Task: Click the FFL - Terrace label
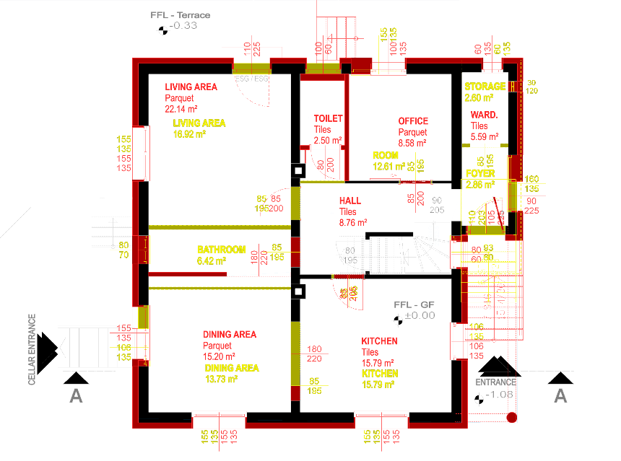pos(180,15)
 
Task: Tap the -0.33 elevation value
pos(183,26)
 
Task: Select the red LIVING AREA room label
pos(191,87)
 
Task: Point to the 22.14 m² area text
pos(181,109)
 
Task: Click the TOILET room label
pos(328,118)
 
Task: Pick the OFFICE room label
pos(413,121)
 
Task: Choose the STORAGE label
pos(485,87)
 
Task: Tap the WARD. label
pos(484,115)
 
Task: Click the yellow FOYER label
pos(480,174)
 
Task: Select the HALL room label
pos(349,201)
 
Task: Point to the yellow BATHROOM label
pos(222,250)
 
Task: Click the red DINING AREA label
pos(230,335)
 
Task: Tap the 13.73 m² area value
pos(222,379)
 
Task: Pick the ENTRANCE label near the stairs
pos(496,382)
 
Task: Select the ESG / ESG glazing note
pos(252,78)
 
